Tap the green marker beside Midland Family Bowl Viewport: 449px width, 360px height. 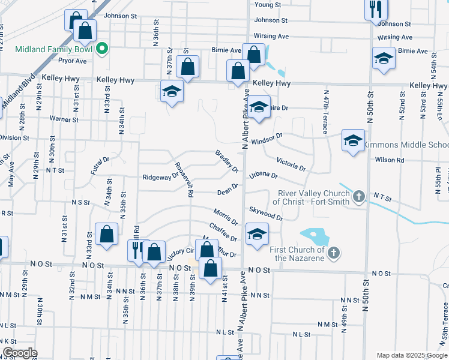click(x=102, y=49)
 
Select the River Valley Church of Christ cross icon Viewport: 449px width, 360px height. click(x=358, y=196)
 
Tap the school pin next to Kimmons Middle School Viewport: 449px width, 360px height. click(x=353, y=141)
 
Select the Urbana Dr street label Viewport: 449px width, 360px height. click(x=264, y=176)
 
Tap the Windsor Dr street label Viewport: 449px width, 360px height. click(x=267, y=140)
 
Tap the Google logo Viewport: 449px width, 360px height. click(x=20, y=353)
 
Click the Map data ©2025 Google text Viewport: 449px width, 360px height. click(x=412, y=355)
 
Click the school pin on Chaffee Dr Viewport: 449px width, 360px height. click(x=257, y=235)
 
